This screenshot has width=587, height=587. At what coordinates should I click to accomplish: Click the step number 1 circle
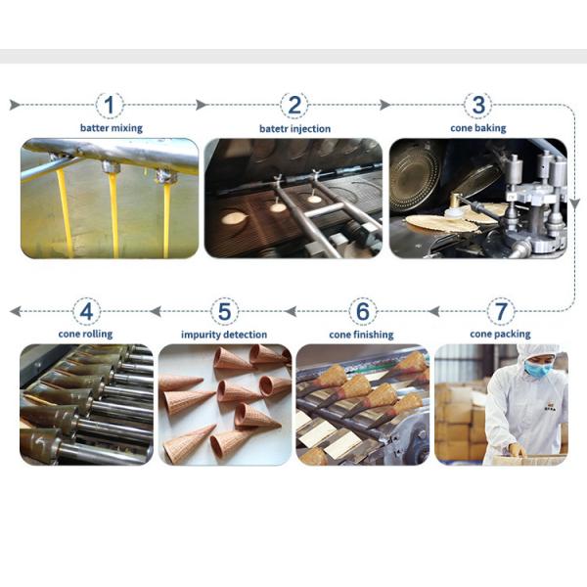pos(110,105)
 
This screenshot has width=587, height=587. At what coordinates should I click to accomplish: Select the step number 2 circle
pos(293,105)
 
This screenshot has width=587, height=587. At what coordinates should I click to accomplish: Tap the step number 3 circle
pos(478,105)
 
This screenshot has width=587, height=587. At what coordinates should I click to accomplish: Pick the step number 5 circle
pos(225,312)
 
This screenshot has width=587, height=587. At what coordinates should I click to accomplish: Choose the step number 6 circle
pos(363,312)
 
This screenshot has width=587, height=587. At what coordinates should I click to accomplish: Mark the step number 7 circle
pos(501,312)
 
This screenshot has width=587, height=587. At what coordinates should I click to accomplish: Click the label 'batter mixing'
pos(110,128)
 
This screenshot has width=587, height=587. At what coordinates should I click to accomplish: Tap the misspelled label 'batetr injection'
pos(294,128)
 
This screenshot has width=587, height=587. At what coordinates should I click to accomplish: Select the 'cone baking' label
pos(478,128)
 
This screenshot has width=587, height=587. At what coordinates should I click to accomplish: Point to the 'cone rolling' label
pos(86,335)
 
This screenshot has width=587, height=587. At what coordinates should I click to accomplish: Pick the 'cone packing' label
pos(500,335)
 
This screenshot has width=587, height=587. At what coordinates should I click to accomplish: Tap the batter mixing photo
pos(110,199)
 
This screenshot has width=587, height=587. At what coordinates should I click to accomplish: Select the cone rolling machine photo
pos(86,404)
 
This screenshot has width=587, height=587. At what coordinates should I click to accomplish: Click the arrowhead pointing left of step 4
pos(14,312)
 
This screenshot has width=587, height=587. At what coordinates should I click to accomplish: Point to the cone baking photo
pos(478,199)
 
